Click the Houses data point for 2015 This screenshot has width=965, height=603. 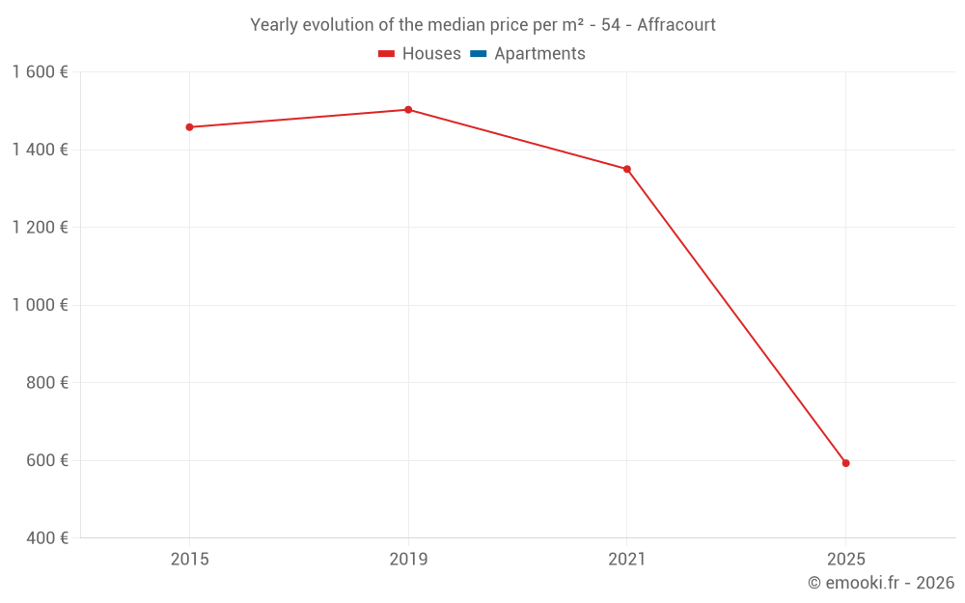pyautogui.click(x=189, y=127)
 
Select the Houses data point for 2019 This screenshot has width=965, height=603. pyautogui.click(x=408, y=110)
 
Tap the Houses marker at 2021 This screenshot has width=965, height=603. pyautogui.click(x=627, y=169)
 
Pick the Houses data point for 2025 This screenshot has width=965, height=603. pyautogui.click(x=845, y=463)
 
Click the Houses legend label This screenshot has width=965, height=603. pyautogui.click(x=431, y=54)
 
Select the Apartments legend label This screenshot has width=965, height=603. pyautogui.click(x=539, y=54)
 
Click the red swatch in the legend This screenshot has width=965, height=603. pyautogui.click(x=387, y=54)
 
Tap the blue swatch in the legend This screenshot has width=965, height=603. pyautogui.click(x=479, y=54)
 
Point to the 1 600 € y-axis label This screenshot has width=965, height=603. pyautogui.click(x=40, y=72)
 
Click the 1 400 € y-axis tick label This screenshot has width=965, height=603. pyautogui.click(x=40, y=150)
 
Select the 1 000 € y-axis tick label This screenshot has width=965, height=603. pyautogui.click(x=40, y=305)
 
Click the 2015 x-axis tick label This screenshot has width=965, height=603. pyautogui.click(x=189, y=559)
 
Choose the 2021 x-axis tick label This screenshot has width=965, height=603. pyautogui.click(x=627, y=559)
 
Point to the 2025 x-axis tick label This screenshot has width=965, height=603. pyautogui.click(x=845, y=559)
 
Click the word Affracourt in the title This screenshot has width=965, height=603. pyautogui.click(x=676, y=25)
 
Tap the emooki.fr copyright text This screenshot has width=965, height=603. pyautogui.click(x=881, y=583)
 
